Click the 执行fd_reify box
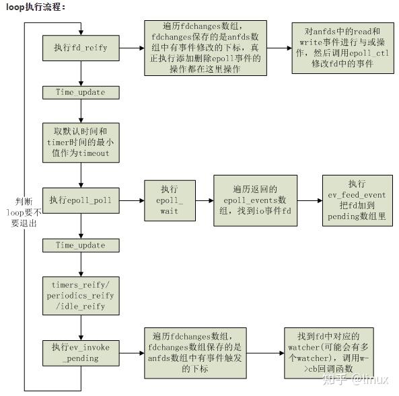[x=81, y=48]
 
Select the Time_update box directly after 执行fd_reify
[x=81, y=92]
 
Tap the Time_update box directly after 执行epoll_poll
[x=81, y=245]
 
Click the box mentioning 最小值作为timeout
[x=81, y=143]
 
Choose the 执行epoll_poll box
[x=81, y=200]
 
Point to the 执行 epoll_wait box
[x=170, y=200]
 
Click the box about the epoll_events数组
[x=255, y=200]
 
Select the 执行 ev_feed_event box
[x=357, y=200]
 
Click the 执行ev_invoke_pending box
[x=81, y=352]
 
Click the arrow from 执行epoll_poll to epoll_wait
[x=132, y=200]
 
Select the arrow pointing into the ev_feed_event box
[x=310, y=200]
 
